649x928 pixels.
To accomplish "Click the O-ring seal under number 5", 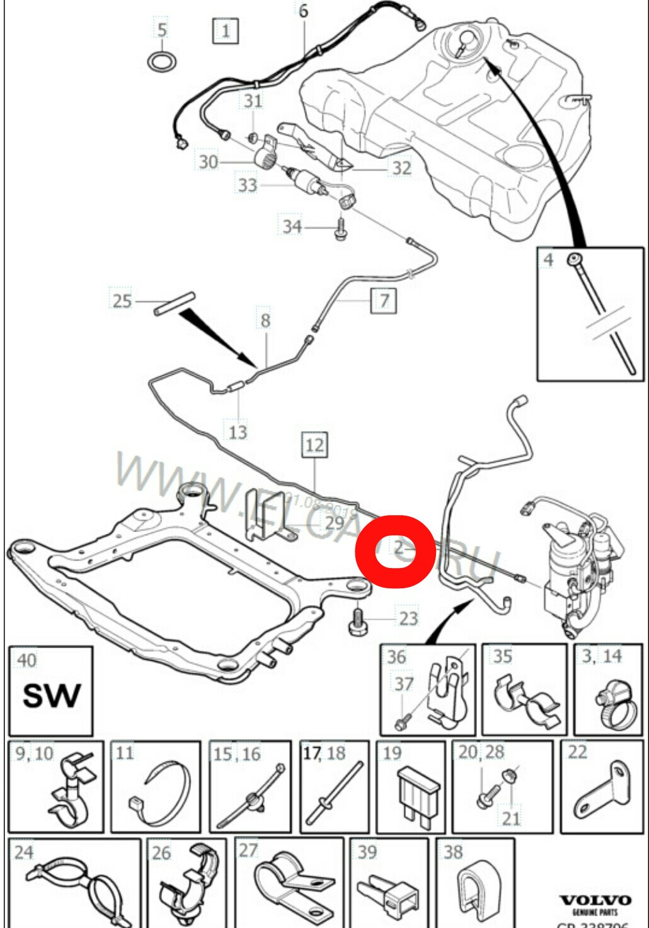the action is tap(162, 62).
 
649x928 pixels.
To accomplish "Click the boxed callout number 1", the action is tap(226, 30).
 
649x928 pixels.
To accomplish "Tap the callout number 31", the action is tap(253, 100).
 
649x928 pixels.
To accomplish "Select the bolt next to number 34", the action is tap(341, 228).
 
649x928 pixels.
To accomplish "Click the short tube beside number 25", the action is tap(175, 303).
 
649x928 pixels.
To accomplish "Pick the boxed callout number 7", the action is tap(384, 300).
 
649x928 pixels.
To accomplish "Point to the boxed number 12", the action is tap(314, 445).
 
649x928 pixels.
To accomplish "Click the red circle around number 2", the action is tap(395, 550).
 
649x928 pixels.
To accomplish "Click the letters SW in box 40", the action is tap(51, 696).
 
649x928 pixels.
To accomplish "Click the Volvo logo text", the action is tap(595, 900).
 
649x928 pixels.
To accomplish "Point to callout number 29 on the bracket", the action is tap(334, 523).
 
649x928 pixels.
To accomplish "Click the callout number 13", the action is tap(238, 432).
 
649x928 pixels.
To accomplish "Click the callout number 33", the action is tap(248, 185).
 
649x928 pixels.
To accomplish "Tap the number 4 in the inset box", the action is tap(548, 260).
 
